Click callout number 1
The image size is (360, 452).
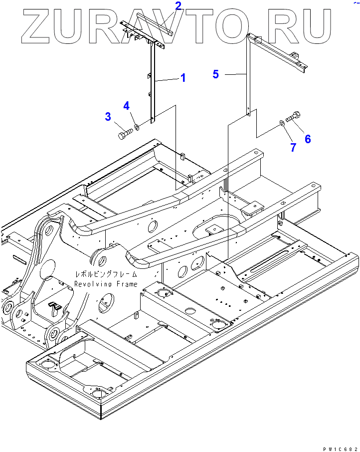click(183, 78)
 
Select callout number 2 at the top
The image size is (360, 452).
click(178, 6)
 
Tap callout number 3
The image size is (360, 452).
click(108, 117)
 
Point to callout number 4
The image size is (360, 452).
click(127, 106)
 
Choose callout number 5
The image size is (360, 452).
click(215, 74)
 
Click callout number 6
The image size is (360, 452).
click(308, 139)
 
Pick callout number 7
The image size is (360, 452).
click(293, 147)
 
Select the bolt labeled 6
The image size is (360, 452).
click(294, 116)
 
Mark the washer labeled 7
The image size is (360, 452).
click(282, 122)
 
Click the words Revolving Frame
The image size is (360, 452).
click(105, 284)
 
